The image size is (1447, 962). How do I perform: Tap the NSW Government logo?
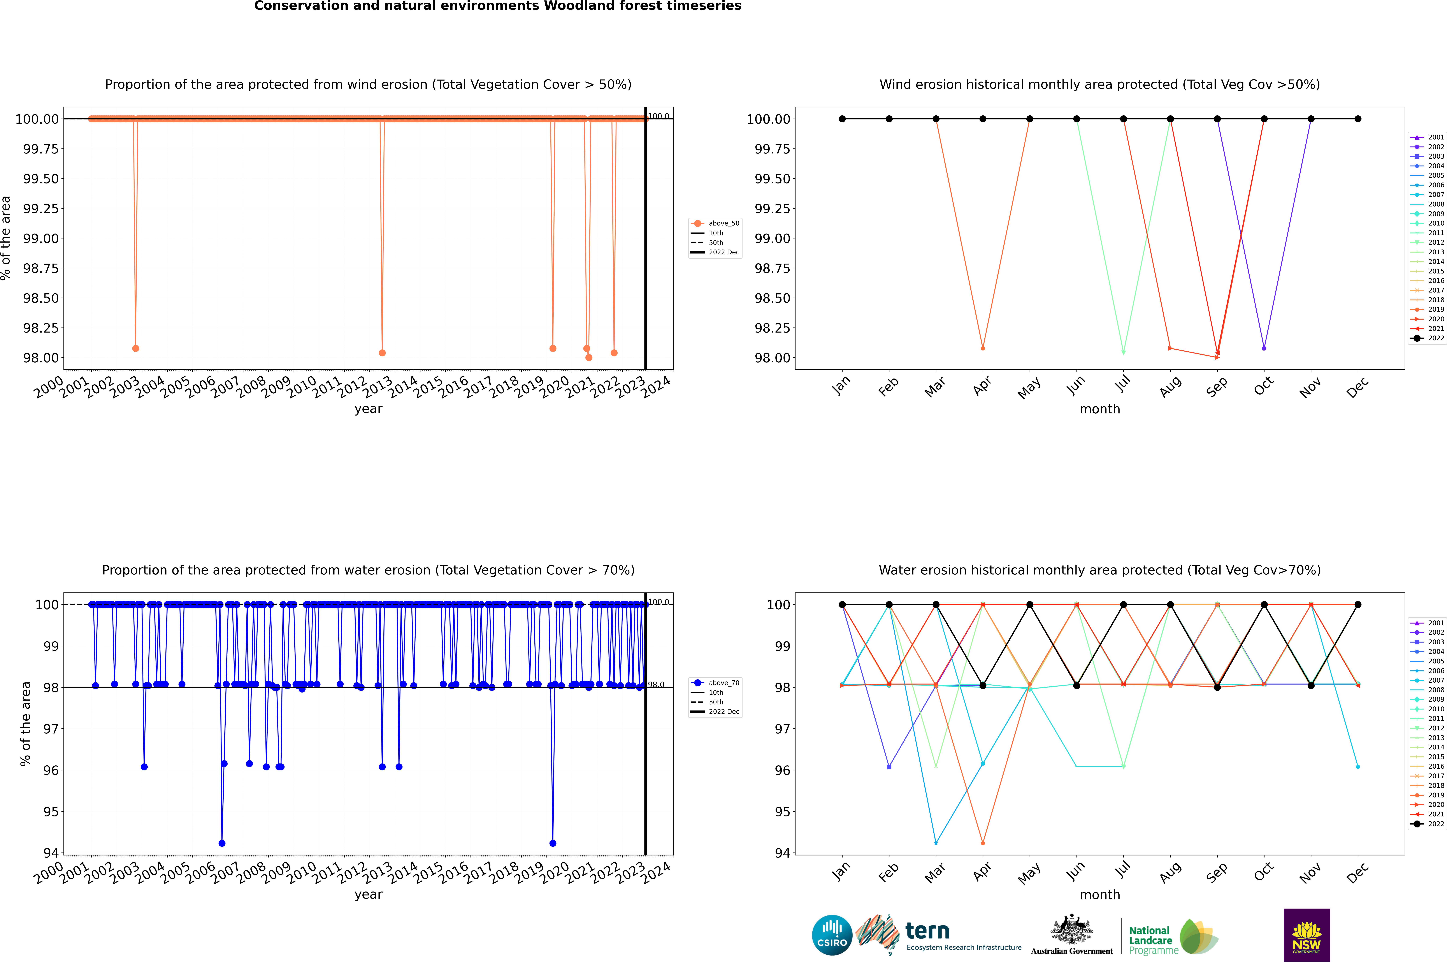(1307, 935)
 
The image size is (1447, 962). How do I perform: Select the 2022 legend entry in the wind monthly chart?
(1427, 338)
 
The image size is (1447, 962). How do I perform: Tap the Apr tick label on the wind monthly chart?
(982, 386)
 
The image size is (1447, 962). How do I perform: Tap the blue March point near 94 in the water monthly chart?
(935, 843)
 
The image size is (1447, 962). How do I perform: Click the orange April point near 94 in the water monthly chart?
(983, 843)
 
